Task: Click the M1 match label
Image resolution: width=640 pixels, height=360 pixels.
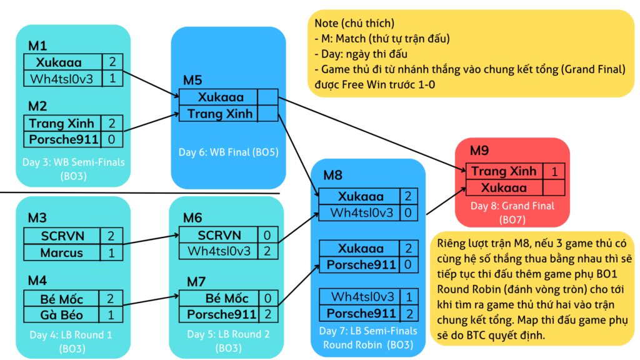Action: tap(37, 46)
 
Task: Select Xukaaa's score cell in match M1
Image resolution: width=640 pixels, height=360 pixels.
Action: tap(112, 62)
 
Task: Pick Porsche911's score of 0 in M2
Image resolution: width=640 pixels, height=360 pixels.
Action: tap(111, 139)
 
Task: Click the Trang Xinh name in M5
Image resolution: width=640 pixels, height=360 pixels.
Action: tap(220, 114)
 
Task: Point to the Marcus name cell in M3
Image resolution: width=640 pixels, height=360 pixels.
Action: tap(62, 252)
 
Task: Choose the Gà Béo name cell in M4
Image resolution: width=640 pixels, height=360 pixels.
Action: tap(61, 315)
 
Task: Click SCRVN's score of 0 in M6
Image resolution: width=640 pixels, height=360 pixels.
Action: tap(267, 235)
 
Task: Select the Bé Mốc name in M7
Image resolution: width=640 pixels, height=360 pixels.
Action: tap(227, 298)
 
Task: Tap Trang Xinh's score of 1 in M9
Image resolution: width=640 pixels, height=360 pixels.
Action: tap(554, 171)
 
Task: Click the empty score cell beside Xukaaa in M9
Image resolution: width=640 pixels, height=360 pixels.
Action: tap(554, 187)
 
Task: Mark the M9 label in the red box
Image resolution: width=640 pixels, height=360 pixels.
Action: tap(479, 151)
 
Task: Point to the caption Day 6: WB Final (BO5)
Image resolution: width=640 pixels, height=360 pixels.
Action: tap(229, 152)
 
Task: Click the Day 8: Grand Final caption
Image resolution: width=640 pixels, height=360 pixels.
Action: tap(512, 206)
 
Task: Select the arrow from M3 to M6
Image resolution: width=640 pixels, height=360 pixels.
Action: tap(151, 239)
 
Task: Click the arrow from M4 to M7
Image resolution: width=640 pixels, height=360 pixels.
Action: tap(151, 300)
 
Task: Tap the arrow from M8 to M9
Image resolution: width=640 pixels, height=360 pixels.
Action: tap(446, 201)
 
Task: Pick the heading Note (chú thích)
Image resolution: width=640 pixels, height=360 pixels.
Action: tap(354, 23)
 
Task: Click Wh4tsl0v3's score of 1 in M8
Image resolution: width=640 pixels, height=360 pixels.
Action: tap(409, 297)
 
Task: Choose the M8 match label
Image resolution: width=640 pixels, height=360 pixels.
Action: tap(332, 176)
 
